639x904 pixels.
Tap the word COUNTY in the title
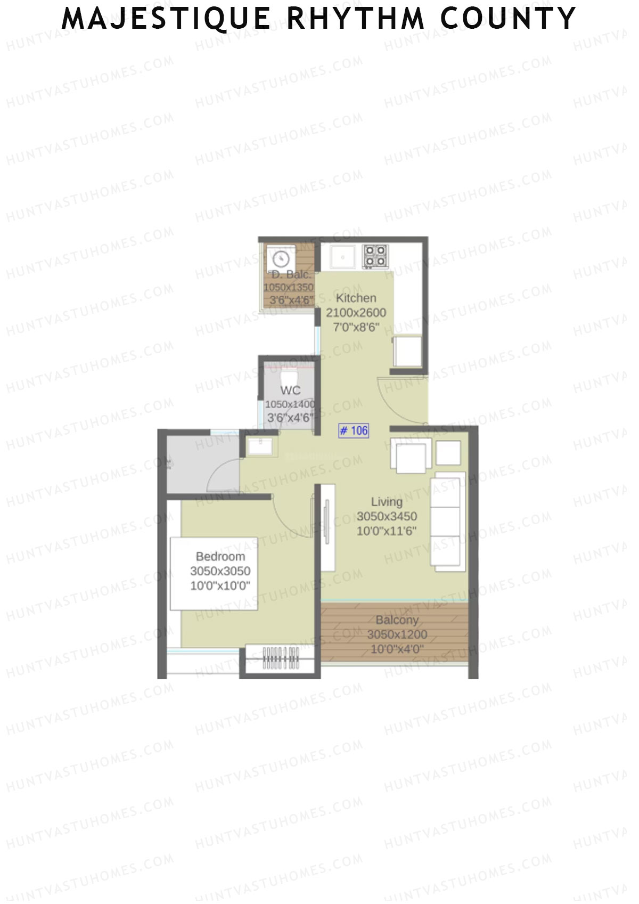(508, 19)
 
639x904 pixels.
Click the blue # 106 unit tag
(354, 430)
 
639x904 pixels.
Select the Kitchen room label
(356, 298)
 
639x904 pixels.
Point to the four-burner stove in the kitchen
(375, 256)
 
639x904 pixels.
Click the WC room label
(290, 390)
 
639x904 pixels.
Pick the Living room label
(387, 502)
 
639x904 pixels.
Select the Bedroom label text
(220, 557)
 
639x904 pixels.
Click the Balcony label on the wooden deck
(397, 620)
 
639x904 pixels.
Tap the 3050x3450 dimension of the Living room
(387, 516)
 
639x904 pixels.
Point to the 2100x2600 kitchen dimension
(356, 313)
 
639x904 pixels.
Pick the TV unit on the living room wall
(327, 527)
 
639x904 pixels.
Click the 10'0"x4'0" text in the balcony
(397, 649)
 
